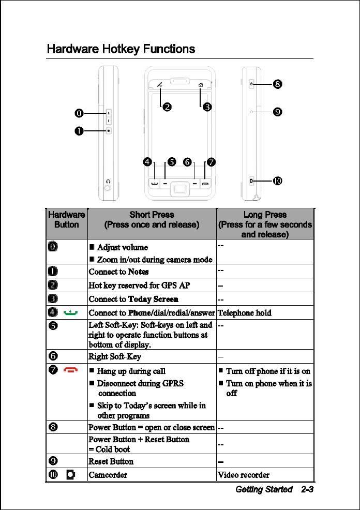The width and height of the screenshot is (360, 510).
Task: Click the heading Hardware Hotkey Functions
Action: (x=121, y=49)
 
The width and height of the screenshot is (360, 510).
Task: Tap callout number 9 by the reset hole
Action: (x=278, y=111)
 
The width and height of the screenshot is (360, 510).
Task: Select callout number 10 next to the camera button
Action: (x=278, y=181)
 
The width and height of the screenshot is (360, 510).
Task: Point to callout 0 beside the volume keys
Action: (x=79, y=112)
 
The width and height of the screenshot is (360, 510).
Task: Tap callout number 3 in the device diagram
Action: (x=206, y=107)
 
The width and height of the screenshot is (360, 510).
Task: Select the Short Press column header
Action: (x=152, y=219)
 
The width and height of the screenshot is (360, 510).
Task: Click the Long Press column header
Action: (x=265, y=224)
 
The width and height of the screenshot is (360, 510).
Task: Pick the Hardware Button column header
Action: (x=66, y=219)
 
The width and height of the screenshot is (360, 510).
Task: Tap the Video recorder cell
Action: (x=243, y=475)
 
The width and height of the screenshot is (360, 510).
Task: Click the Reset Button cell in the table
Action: (x=111, y=461)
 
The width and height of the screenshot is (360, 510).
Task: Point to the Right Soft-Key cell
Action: (x=115, y=356)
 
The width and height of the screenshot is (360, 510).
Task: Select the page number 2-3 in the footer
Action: (x=305, y=489)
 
